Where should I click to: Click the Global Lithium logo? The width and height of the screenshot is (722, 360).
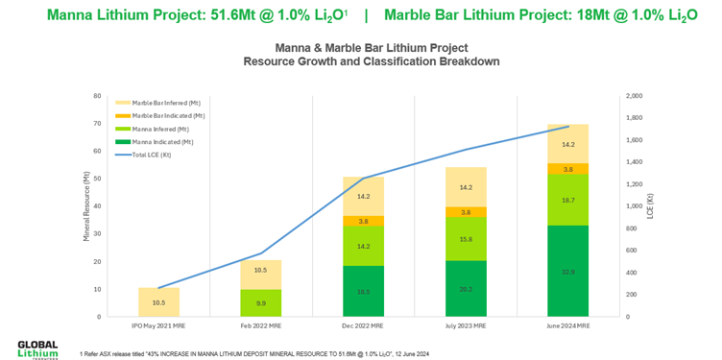click(x=37, y=348)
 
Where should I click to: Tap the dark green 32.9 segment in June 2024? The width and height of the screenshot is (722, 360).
click(x=568, y=272)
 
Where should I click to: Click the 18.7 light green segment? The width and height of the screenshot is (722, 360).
click(x=568, y=200)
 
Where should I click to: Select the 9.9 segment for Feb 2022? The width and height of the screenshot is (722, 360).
click(x=261, y=302)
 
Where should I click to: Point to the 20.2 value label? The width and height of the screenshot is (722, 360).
click(x=466, y=289)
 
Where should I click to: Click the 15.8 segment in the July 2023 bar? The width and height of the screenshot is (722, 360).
click(x=466, y=239)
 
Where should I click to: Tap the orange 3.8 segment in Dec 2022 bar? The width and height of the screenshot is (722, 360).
click(x=364, y=221)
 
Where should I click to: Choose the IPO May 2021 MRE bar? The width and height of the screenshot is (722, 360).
click(x=159, y=301)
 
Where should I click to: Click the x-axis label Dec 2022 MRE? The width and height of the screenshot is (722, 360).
click(x=364, y=325)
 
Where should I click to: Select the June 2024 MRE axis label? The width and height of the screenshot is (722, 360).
click(x=568, y=325)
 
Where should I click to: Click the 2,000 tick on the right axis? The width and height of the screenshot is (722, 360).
click(x=635, y=96)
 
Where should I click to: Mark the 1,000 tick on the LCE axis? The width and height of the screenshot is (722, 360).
click(x=635, y=206)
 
